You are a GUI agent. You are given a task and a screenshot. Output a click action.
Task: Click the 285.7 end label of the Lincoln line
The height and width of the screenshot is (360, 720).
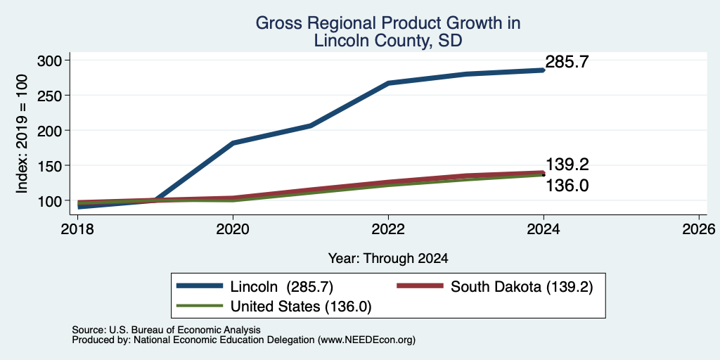coord(567,62)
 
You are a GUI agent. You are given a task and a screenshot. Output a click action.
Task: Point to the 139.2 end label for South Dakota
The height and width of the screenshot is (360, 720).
coord(567,165)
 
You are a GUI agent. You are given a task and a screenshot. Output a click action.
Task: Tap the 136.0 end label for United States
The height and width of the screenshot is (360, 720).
coord(567,186)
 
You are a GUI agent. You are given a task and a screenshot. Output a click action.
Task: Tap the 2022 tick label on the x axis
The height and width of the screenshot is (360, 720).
coord(388,229)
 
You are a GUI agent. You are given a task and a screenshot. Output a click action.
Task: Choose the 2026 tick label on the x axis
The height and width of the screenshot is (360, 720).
coord(699,229)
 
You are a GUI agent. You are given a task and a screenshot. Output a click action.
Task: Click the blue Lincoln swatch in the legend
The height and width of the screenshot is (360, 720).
coord(200,286)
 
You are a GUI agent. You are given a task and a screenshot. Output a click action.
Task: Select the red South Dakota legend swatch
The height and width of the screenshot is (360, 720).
coord(420,286)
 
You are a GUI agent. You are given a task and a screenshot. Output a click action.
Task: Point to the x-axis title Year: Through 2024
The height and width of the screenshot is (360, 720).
coord(388,259)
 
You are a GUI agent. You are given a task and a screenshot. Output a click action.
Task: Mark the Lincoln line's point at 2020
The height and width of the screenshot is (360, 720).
coord(233,143)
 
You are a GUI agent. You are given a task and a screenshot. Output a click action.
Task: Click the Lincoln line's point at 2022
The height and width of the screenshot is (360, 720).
coord(388,83)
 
